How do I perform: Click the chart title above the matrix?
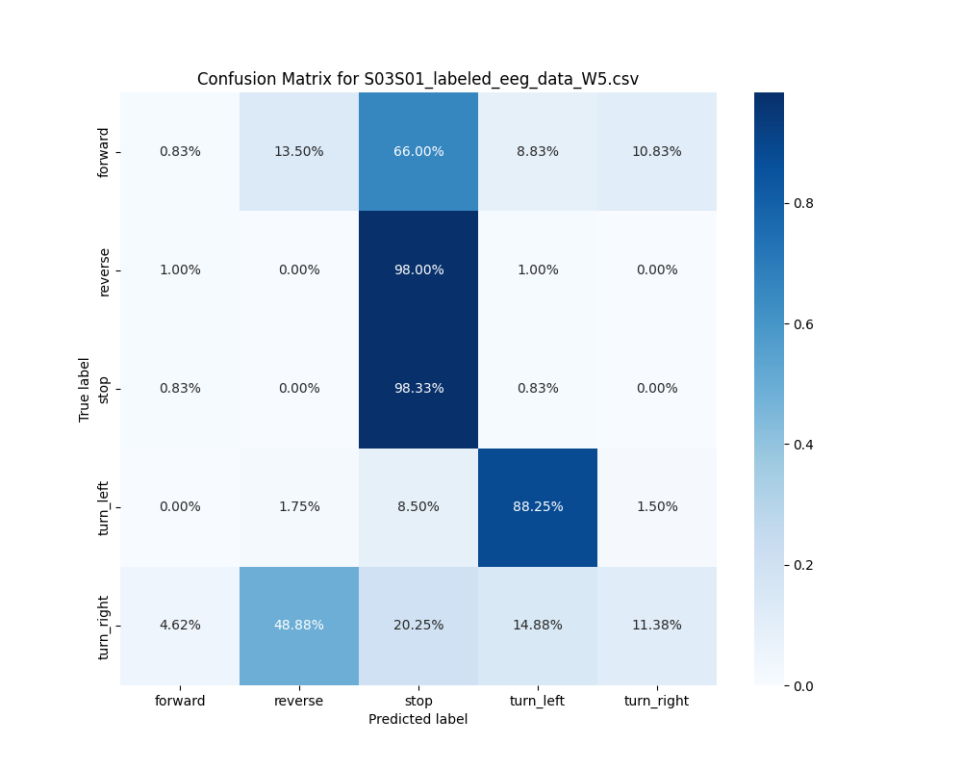click(418, 79)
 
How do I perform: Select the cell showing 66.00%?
click(418, 151)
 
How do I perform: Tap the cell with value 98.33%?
click(418, 388)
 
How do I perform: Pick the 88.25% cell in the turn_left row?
click(538, 506)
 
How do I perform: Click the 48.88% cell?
click(299, 625)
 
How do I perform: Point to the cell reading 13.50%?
click(299, 151)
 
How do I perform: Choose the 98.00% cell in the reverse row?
click(418, 269)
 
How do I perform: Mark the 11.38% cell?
click(657, 625)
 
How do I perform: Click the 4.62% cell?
click(180, 625)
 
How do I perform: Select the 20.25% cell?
click(418, 625)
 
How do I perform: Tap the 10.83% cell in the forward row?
click(657, 151)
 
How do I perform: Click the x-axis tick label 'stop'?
click(418, 701)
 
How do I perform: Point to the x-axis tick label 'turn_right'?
click(657, 701)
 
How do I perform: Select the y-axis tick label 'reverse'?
click(104, 270)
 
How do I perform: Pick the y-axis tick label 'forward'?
click(104, 152)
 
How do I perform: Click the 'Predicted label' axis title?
click(418, 719)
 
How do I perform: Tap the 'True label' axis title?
click(85, 389)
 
